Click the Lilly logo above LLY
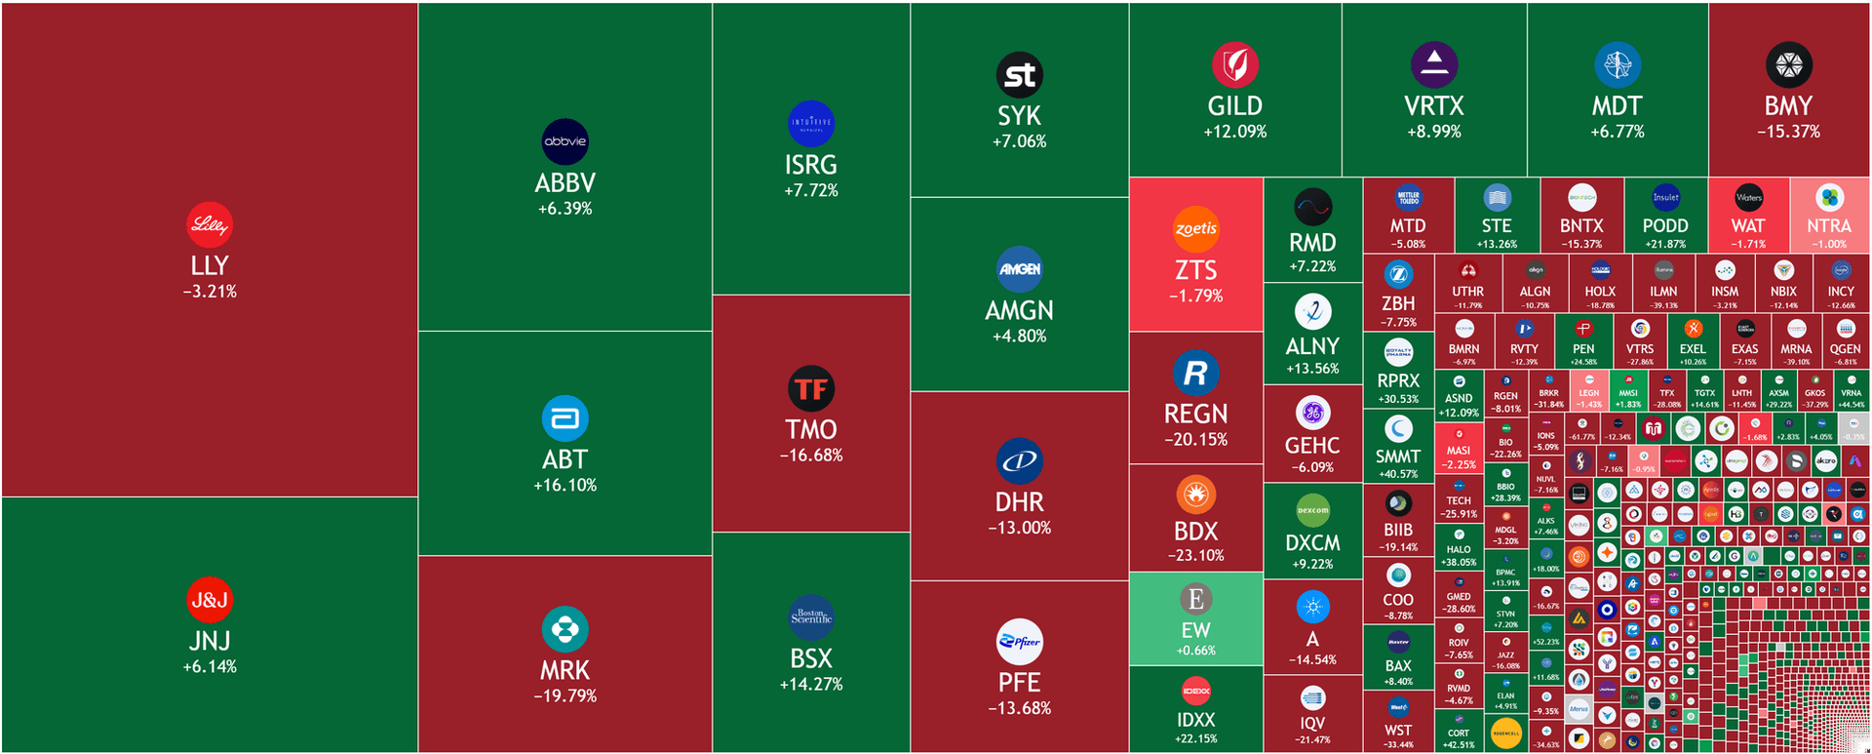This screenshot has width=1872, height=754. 210,225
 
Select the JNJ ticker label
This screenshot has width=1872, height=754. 210,641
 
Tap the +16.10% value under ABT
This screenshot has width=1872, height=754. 565,485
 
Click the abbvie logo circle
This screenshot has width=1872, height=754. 565,141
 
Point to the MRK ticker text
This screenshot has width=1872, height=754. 565,670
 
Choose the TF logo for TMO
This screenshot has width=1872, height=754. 810,389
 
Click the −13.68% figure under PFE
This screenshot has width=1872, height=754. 1019,708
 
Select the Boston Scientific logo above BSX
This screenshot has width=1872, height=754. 810,617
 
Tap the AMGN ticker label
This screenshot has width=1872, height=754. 1019,310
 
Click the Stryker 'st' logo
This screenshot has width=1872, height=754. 1019,75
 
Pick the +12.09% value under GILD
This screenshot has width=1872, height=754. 1234,132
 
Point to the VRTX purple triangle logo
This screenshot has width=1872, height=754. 1433,64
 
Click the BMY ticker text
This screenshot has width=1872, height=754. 1788,105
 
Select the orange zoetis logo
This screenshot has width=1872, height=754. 1195,229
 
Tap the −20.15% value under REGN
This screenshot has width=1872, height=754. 1195,440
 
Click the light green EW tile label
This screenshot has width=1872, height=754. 1195,630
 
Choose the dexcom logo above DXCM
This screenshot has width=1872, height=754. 1312,509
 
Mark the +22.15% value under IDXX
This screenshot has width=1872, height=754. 1195,738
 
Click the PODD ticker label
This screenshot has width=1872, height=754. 1665,225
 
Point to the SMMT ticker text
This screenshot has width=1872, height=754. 1397,456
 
